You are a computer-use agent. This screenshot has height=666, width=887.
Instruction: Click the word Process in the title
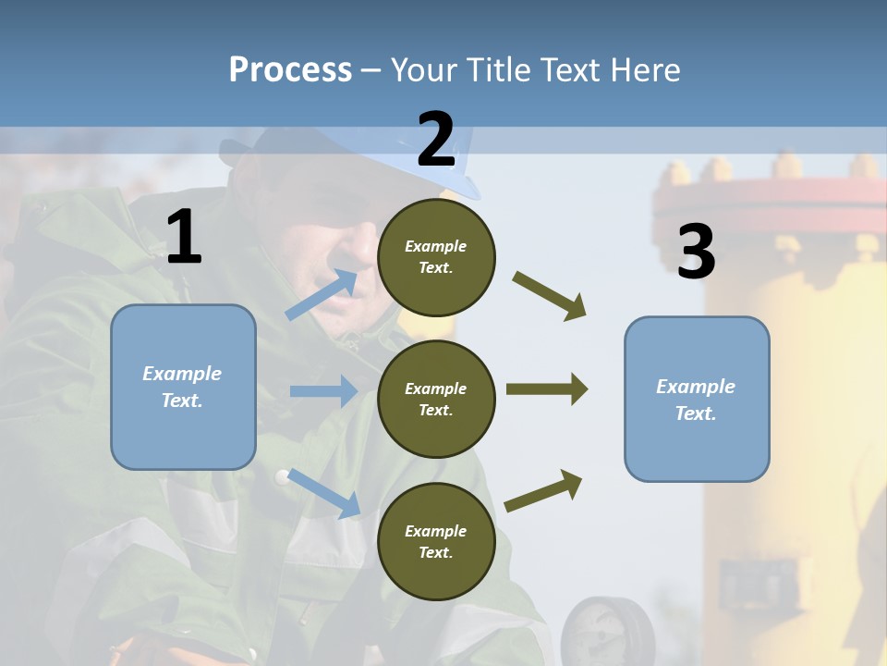pyautogui.click(x=290, y=69)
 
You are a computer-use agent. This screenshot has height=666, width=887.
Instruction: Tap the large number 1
pyautogui.click(x=183, y=237)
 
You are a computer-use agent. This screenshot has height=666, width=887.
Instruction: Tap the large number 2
pyautogui.click(x=436, y=140)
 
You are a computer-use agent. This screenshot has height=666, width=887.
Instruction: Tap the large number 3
pyautogui.click(x=696, y=253)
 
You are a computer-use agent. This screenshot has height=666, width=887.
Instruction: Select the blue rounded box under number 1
pyautogui.click(x=183, y=387)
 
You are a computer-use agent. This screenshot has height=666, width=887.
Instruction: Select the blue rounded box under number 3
pyautogui.click(x=697, y=399)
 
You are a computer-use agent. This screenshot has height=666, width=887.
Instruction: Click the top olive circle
pyautogui.click(x=436, y=256)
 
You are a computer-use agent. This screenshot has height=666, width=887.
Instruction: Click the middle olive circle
pyautogui.click(x=436, y=399)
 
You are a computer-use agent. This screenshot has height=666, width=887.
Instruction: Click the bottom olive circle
pyautogui.click(x=436, y=541)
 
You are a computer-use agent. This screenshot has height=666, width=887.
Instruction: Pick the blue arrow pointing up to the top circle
pyautogui.click(x=322, y=295)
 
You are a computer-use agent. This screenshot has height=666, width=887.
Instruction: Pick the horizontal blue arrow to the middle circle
pyautogui.click(x=323, y=391)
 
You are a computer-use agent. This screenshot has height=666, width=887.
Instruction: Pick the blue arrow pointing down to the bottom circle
pyautogui.click(x=323, y=493)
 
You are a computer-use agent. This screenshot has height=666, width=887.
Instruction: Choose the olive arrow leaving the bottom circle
pyautogui.click(x=543, y=491)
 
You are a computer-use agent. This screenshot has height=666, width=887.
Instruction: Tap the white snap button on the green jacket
pyautogui.click(x=281, y=477)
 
